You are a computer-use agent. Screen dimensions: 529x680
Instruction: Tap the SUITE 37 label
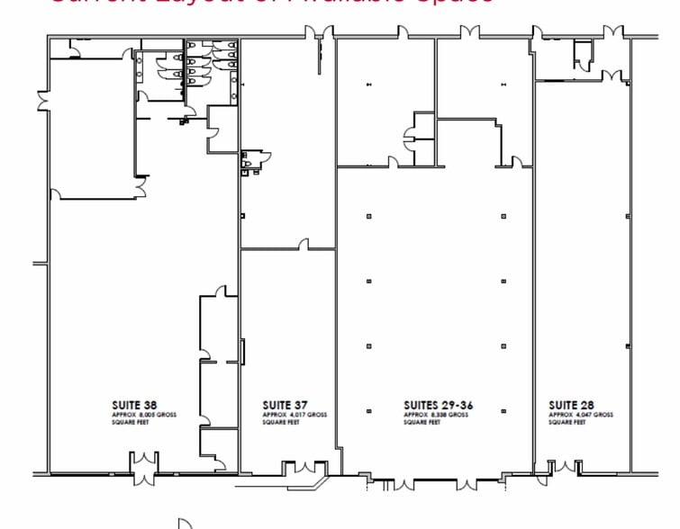coord(283,405)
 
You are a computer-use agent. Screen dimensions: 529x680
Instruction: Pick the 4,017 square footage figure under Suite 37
coord(298,414)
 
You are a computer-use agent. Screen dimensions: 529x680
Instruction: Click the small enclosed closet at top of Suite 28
coord(578,56)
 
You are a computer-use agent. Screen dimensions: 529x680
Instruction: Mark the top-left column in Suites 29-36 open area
coord(368,216)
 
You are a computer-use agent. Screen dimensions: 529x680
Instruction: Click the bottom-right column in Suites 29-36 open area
coord(503,412)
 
